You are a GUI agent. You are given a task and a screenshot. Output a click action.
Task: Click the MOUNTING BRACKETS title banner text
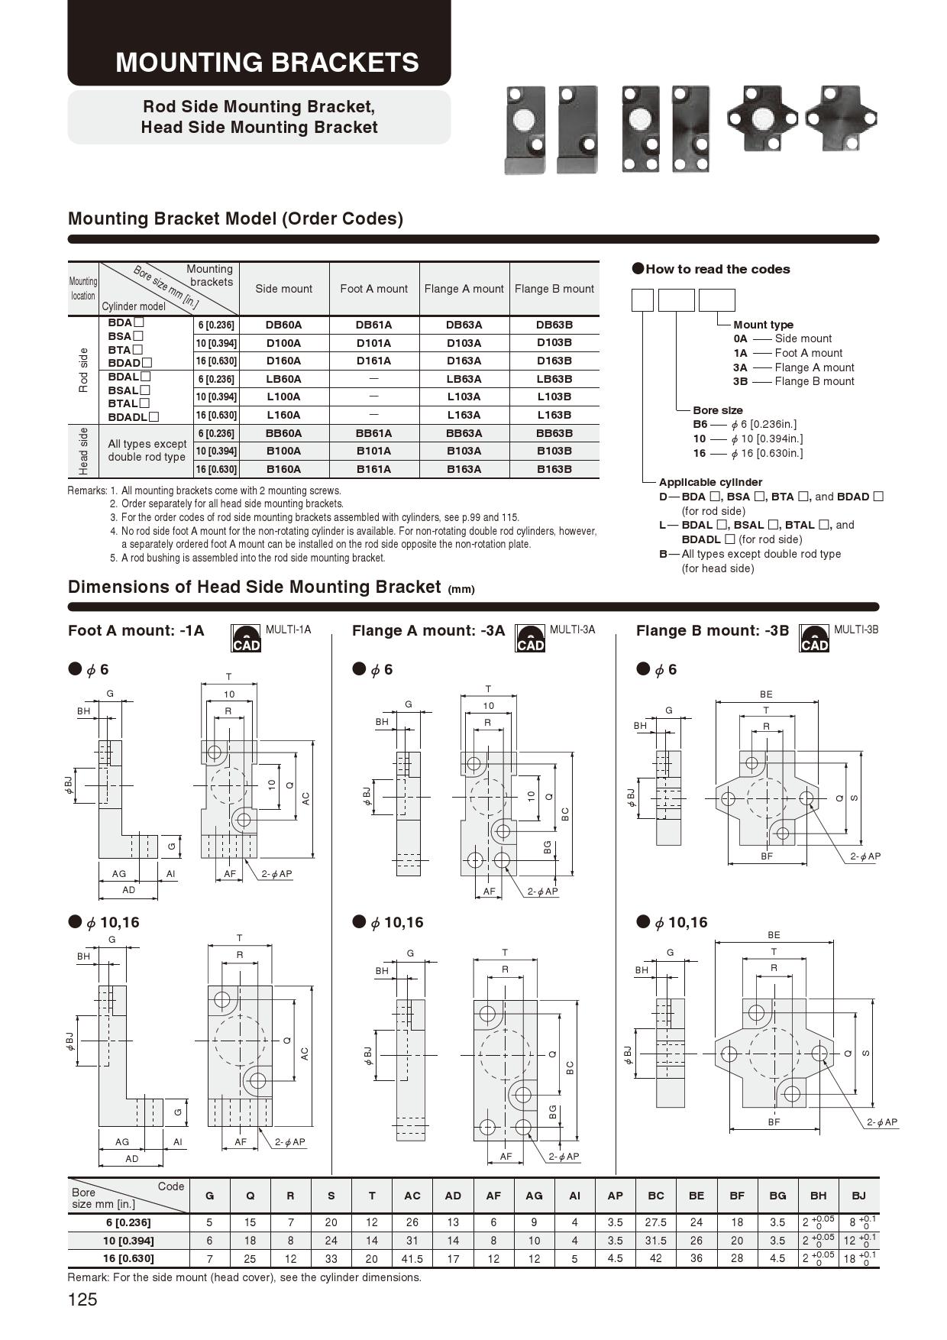click(x=267, y=62)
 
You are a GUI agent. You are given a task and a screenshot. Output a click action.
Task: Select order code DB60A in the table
click(x=283, y=325)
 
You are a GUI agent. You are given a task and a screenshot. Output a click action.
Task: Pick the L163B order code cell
click(x=554, y=415)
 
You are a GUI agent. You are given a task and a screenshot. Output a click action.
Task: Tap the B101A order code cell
click(x=373, y=451)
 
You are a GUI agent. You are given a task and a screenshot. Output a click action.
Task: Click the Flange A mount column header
click(x=464, y=289)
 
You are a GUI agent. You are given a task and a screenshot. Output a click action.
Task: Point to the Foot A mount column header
click(x=373, y=289)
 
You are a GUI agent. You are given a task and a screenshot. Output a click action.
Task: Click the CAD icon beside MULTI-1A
click(x=246, y=639)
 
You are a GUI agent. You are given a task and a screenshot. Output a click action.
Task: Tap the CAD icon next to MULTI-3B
click(x=814, y=639)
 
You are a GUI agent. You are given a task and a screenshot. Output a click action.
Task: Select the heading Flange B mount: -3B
click(x=712, y=631)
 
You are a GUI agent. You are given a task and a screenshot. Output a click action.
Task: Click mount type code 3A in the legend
click(x=740, y=367)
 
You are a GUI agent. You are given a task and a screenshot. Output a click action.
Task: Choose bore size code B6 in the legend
click(x=700, y=425)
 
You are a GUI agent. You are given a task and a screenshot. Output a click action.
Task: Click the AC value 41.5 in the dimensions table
click(x=412, y=1258)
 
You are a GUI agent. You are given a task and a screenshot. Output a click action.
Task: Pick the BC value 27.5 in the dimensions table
click(x=655, y=1222)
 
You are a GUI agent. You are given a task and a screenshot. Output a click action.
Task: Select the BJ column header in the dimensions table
click(x=858, y=1196)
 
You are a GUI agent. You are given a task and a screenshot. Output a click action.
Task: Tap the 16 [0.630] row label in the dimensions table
click(x=128, y=1258)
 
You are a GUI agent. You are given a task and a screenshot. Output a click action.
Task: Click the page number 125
click(x=82, y=1300)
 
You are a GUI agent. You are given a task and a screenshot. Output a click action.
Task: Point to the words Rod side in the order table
click(x=83, y=370)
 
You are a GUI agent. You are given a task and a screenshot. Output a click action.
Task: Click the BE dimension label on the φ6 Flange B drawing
click(x=766, y=694)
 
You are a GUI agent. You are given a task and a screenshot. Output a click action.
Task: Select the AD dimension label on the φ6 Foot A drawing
click(x=128, y=890)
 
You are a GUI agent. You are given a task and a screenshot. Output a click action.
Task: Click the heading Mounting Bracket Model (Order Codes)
click(x=235, y=218)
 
